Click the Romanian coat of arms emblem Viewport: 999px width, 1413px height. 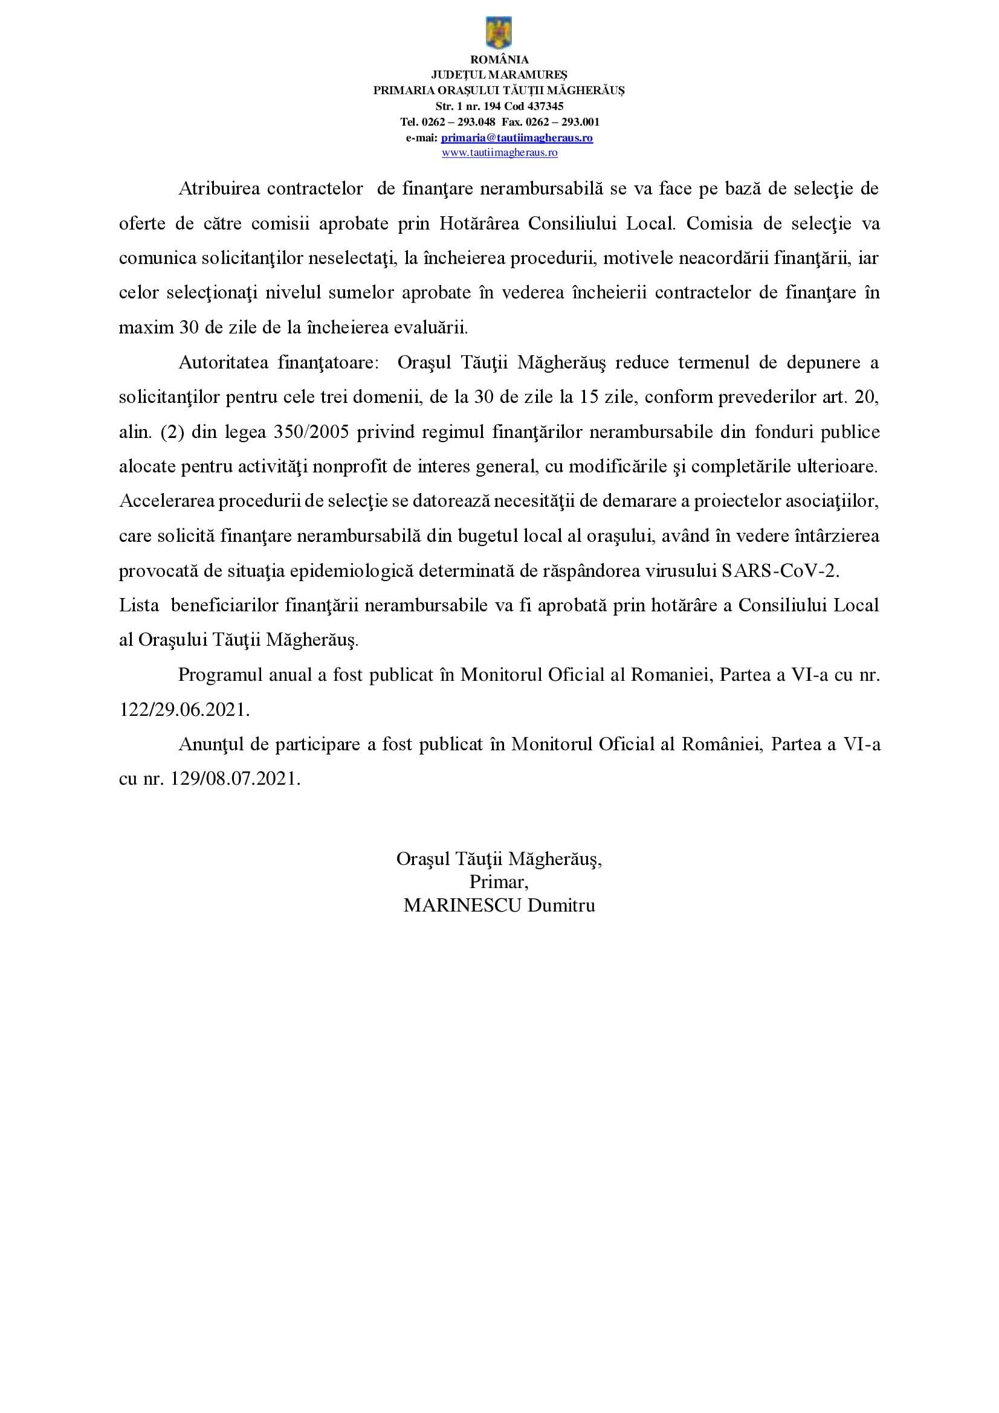[x=499, y=33]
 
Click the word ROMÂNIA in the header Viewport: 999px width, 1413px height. [x=499, y=60]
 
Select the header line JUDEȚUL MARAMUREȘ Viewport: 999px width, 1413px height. [x=499, y=75]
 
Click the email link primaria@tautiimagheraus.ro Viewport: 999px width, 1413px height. [x=517, y=138]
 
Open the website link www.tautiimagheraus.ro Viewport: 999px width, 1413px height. [x=499, y=153]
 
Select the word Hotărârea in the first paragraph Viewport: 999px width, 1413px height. [x=480, y=224]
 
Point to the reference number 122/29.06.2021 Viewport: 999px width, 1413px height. [x=184, y=710]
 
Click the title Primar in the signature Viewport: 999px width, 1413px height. [x=499, y=882]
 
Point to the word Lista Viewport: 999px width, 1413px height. [x=138, y=605]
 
